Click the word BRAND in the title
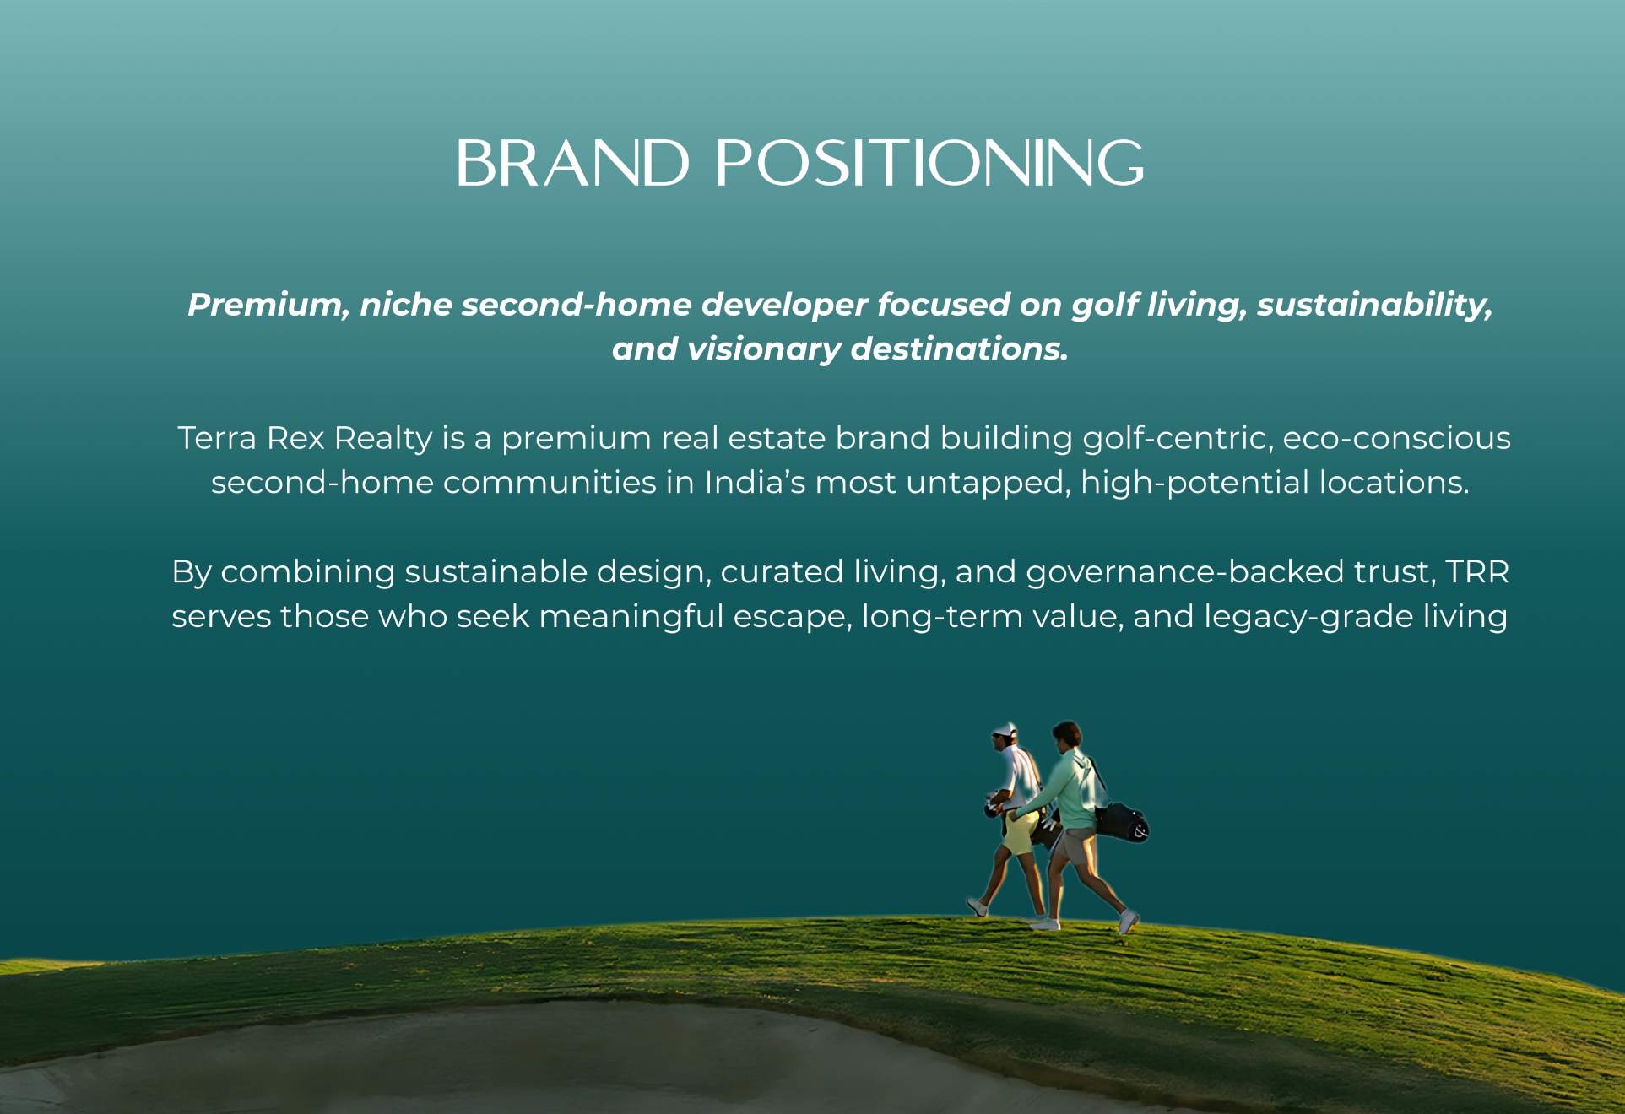[573, 163]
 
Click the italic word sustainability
[1374, 306]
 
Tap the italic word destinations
[960, 349]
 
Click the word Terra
[217, 438]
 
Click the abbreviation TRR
[1477, 572]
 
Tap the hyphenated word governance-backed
[1185, 572]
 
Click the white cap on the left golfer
[1005, 729]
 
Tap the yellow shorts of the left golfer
[1020, 831]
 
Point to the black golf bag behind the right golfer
[1121, 822]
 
